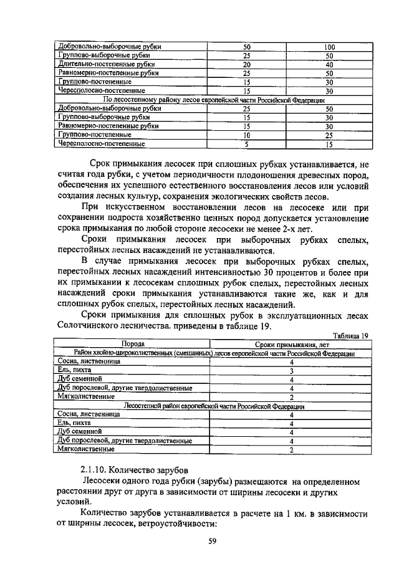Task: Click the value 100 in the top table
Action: [x=330, y=47]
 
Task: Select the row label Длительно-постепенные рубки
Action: [x=105, y=64]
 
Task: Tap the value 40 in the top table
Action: [x=330, y=64]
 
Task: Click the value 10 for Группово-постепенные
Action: [x=246, y=135]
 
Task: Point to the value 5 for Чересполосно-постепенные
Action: [x=246, y=144]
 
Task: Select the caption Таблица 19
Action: [x=350, y=335]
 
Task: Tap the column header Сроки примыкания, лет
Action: [x=291, y=344]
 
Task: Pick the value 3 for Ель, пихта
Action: [x=291, y=370]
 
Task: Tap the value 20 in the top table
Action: [x=246, y=64]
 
